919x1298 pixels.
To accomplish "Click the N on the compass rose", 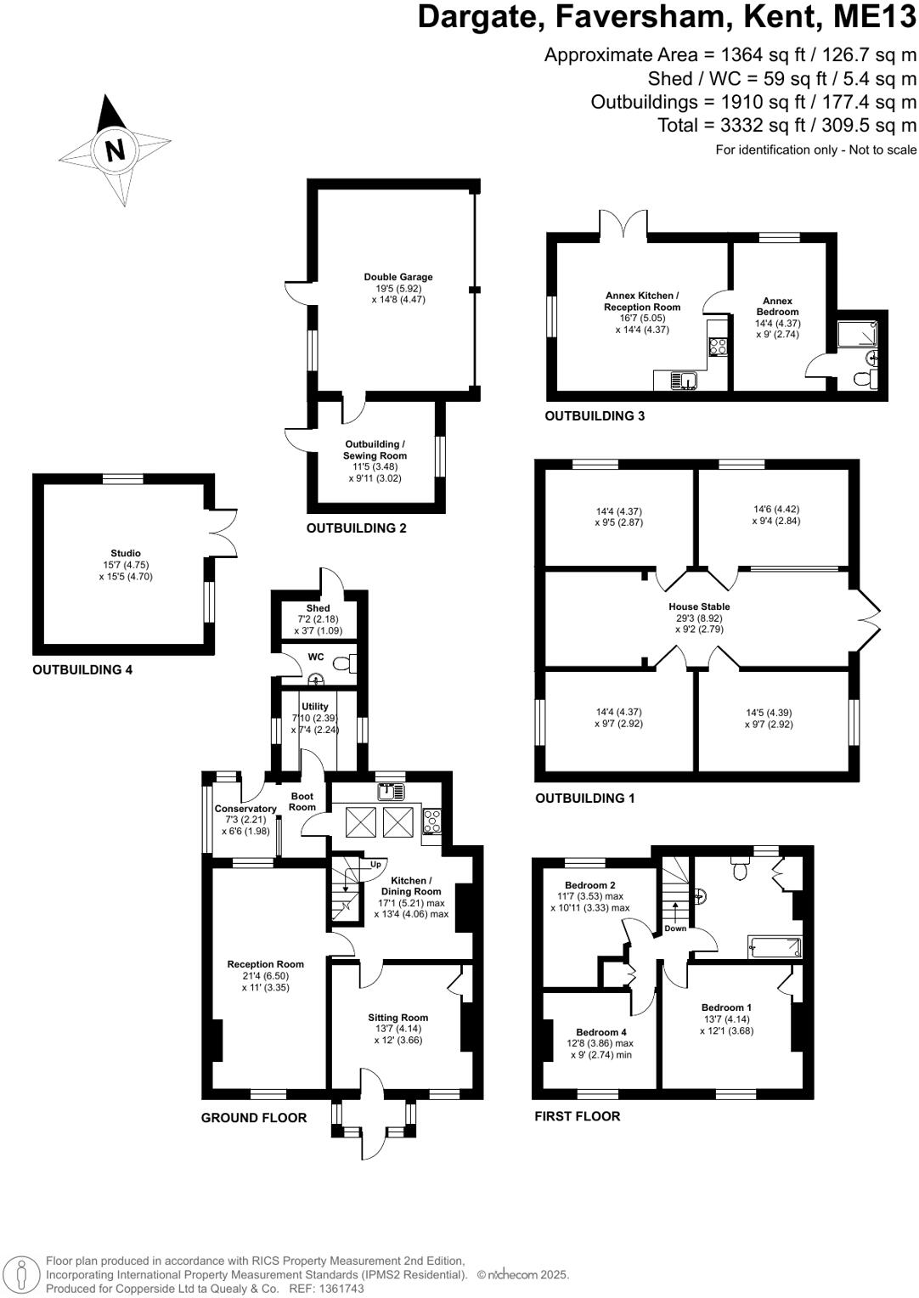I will (115, 150).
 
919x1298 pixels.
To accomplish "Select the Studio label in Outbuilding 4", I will (126, 553).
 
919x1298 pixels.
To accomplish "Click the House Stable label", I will (699, 607).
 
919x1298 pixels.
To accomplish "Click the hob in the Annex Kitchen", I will (718, 346).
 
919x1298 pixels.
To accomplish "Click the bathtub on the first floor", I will (774, 946).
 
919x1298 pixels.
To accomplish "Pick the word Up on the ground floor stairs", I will (375, 865).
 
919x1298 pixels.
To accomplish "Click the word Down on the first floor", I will (675, 928).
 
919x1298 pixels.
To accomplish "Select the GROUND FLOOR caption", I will (254, 1118).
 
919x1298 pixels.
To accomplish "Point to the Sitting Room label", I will (397, 1018).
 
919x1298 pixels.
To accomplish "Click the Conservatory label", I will (245, 809).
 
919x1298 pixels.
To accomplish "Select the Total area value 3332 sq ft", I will (736, 126).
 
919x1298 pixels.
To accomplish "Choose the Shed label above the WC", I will (318, 608).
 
